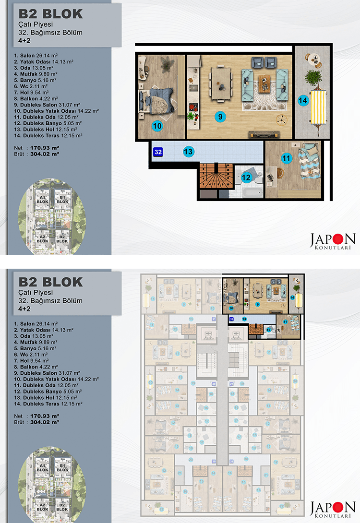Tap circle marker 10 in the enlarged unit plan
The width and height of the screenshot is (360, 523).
(157, 126)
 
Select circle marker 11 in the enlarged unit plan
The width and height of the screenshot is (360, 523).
(287, 157)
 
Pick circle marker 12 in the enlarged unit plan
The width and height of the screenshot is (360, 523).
(246, 178)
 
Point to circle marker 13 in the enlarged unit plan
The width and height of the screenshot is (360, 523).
(189, 152)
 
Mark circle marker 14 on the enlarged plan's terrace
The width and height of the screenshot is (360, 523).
(302, 101)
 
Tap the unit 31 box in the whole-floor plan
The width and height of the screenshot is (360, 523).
(214, 319)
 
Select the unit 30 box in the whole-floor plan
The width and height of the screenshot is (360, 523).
(214, 384)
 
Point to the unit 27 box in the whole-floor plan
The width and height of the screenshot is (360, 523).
(231, 384)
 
